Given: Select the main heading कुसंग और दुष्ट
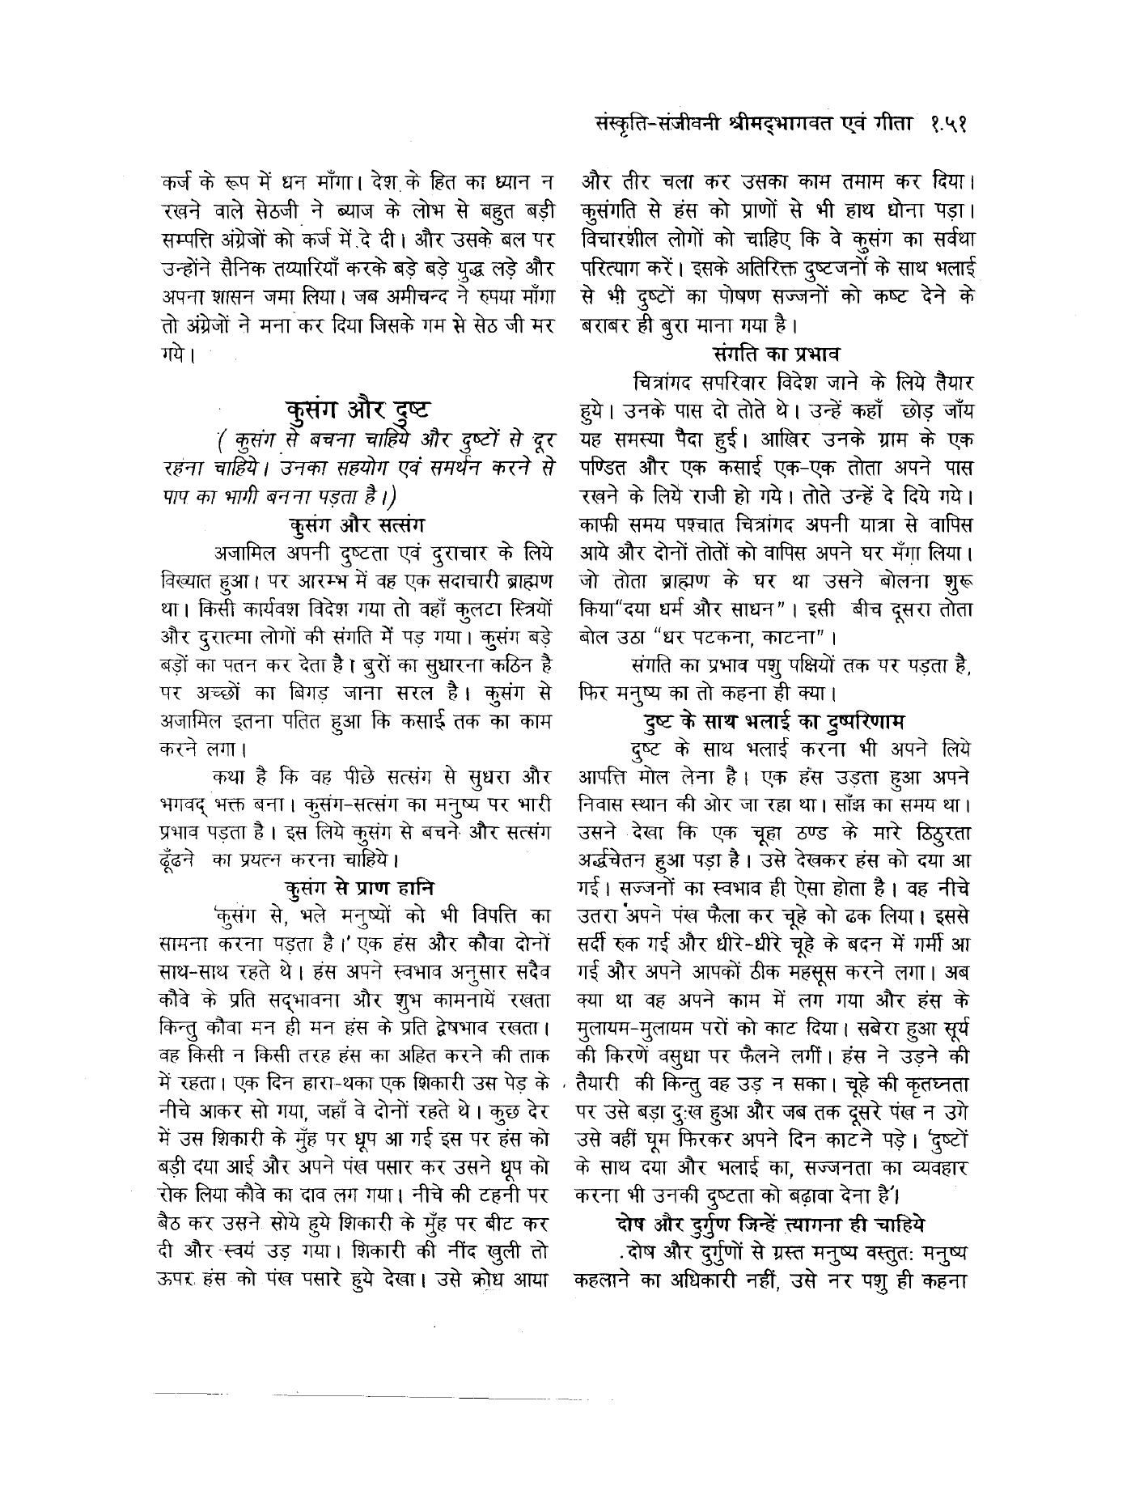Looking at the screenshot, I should (x=356, y=407).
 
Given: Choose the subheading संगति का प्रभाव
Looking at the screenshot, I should (x=777, y=353).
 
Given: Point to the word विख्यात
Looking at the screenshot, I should (x=183, y=582).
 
